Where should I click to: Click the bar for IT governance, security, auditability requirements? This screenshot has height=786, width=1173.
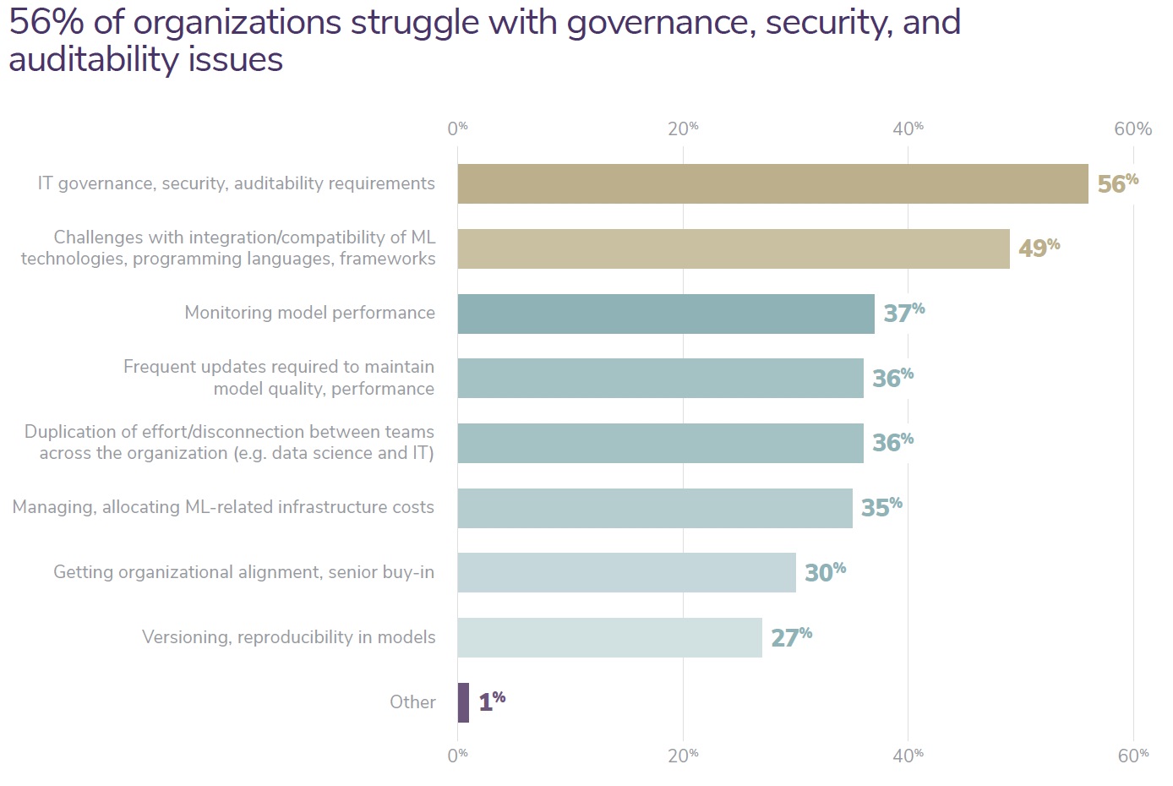click(x=772, y=183)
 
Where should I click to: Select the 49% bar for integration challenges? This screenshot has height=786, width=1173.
click(x=734, y=248)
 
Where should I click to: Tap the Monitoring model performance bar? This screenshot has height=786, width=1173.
click(x=666, y=314)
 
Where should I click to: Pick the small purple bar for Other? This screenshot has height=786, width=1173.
click(x=463, y=702)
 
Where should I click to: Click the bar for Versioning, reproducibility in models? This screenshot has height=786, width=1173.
click(x=609, y=637)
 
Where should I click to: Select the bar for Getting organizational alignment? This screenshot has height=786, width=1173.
click(x=626, y=572)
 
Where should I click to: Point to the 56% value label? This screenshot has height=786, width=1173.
click(x=1117, y=183)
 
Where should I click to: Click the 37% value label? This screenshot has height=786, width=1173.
click(x=903, y=313)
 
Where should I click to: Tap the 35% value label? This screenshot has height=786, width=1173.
click(x=881, y=507)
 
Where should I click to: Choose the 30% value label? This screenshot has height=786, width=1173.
click(x=825, y=572)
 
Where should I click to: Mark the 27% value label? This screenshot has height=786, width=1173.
click(x=791, y=636)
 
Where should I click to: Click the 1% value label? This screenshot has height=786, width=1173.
click(x=492, y=701)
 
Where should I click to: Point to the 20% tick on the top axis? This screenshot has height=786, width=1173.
click(x=683, y=128)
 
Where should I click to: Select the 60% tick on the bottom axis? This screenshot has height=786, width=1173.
click(x=1132, y=756)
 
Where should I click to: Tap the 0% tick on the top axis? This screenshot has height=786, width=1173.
click(x=457, y=128)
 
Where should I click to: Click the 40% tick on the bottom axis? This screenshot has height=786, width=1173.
click(x=908, y=756)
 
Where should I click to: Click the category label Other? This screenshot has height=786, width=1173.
click(x=412, y=702)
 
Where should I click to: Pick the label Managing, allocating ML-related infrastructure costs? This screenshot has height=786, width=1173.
click(x=223, y=507)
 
